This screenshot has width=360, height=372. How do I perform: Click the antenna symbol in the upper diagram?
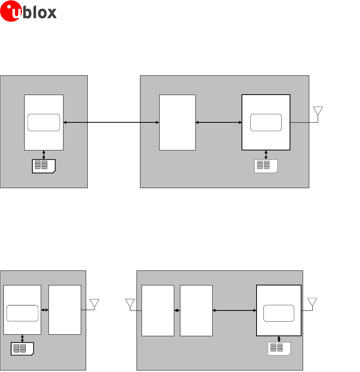[x=318, y=111]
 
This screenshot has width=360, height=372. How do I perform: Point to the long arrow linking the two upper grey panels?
[x=112, y=122]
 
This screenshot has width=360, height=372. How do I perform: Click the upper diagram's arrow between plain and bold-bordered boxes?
[x=218, y=122]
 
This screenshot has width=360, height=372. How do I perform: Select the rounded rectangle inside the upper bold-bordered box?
[x=266, y=122]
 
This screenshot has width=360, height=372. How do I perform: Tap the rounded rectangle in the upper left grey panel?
[x=44, y=122]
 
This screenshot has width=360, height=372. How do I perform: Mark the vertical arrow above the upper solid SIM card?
[x=44, y=154]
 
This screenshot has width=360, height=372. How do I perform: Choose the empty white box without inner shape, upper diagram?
[x=177, y=122]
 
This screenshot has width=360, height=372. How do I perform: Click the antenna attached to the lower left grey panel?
[x=94, y=303]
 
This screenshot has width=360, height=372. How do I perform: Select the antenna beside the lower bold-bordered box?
[x=312, y=302]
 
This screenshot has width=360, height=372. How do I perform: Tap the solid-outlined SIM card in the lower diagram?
[x=22, y=349]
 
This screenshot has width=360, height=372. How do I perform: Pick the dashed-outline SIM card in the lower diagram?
[x=279, y=349]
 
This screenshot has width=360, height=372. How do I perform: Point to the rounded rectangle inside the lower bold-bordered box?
[x=278, y=313]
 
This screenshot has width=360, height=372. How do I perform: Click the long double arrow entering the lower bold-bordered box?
[x=234, y=310]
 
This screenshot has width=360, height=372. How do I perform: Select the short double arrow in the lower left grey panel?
[x=45, y=310]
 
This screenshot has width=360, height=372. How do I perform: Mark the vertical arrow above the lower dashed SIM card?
[x=279, y=338]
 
